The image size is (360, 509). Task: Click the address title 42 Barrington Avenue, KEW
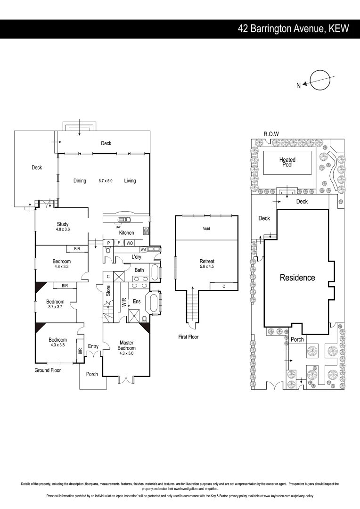[293, 29]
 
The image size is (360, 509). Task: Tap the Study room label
[63, 224]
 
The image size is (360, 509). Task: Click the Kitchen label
[126, 233]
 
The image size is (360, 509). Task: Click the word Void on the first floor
[206, 229]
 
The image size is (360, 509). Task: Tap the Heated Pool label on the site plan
[287, 162]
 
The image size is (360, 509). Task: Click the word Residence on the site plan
[297, 278]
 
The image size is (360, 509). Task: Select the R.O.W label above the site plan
[271, 134]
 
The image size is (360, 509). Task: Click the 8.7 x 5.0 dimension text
[105, 181]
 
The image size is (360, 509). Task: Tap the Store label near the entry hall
[108, 290]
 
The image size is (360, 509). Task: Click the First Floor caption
[188, 337]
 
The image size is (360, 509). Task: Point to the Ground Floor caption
[48, 370]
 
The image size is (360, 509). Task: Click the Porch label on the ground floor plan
[92, 374]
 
